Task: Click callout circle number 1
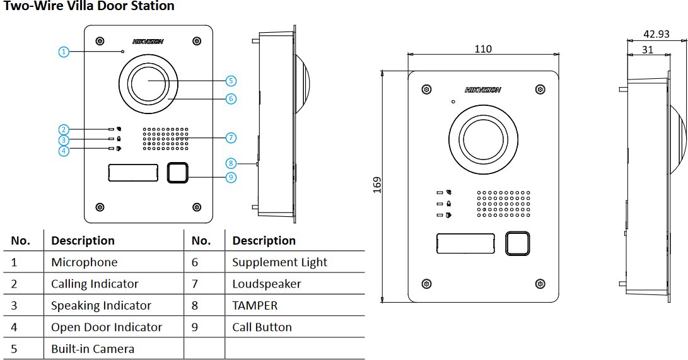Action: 63,52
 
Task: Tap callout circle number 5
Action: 231,81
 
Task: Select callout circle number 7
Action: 231,137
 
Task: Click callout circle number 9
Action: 231,177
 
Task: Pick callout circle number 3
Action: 63,140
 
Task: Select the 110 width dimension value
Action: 482,49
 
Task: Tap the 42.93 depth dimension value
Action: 656,34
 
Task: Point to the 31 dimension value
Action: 647,50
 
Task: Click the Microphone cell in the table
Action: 84,262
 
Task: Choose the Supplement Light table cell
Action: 279,262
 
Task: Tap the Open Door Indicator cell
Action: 106,327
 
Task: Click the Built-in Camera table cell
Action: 92,349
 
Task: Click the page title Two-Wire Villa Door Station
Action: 89,7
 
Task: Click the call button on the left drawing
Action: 177,173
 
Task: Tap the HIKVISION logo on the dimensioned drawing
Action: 482,90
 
